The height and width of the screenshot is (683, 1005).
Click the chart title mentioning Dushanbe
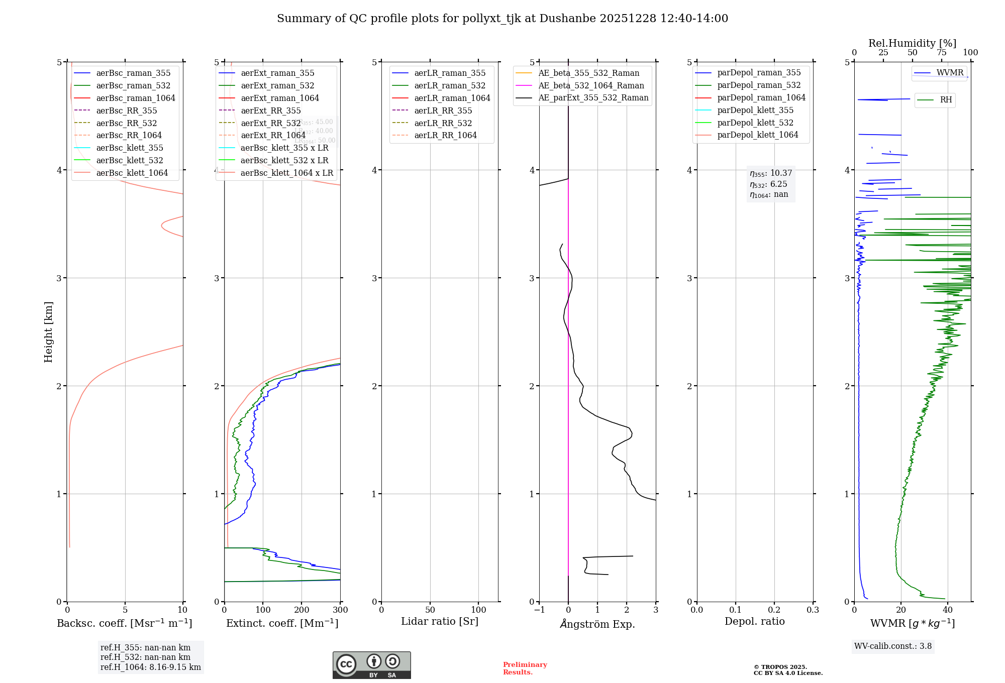pos(502,19)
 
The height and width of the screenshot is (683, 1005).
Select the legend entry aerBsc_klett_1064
pos(132,173)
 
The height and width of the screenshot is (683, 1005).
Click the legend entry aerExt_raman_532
pos(277,85)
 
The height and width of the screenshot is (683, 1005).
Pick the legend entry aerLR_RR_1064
pos(445,135)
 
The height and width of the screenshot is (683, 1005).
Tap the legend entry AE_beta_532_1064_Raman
pos(591,85)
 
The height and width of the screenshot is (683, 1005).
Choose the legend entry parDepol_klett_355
pos(755,110)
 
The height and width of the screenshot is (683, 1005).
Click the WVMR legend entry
pos(950,73)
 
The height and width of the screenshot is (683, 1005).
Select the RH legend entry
pos(946,100)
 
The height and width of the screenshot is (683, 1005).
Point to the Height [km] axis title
pos(48,331)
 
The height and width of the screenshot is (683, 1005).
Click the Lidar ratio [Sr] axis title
pos(440,621)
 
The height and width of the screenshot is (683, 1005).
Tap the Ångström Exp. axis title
pos(597,624)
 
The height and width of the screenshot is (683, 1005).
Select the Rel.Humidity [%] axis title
pos(912,43)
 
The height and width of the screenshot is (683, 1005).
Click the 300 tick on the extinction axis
pos(340,610)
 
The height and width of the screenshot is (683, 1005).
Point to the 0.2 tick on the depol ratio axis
pos(774,610)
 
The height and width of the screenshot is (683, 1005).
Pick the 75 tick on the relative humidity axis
pos(941,53)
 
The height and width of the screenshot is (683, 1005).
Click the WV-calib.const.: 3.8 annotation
pos(893,646)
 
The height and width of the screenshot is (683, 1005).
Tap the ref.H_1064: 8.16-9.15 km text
pos(150,667)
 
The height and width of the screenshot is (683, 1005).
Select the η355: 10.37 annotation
pos(771,173)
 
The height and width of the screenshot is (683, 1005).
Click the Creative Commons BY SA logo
pos(371,665)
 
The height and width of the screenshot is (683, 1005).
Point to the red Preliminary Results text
pos(525,668)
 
